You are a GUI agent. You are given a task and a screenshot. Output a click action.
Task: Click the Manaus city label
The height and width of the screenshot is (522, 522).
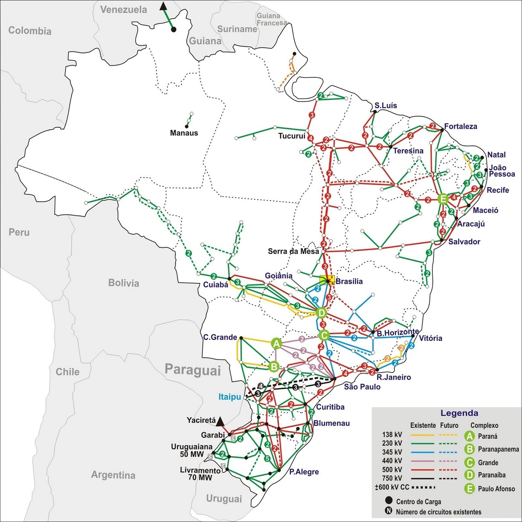(184, 133)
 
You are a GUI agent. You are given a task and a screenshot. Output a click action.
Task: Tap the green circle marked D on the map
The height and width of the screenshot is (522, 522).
(321, 313)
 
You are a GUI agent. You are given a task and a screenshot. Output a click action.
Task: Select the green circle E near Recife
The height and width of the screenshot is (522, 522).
(443, 199)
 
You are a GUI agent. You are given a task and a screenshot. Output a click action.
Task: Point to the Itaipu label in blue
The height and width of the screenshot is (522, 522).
(230, 397)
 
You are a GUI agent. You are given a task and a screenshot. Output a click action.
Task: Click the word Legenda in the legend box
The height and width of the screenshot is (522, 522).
(459, 413)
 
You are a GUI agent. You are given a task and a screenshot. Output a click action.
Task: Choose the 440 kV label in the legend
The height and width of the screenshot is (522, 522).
(392, 461)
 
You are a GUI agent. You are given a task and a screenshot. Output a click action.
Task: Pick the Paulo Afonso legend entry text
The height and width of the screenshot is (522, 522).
(496, 489)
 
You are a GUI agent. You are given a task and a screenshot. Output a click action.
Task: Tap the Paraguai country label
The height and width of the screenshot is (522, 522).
(192, 370)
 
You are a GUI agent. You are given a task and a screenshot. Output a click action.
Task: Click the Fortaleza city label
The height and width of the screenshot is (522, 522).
(460, 127)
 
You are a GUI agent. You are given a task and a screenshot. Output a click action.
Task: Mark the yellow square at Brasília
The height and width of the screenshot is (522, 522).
(327, 280)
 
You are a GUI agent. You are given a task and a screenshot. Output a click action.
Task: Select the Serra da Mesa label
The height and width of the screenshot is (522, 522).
(293, 251)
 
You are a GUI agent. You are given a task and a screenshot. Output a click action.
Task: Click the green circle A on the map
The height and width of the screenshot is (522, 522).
(276, 344)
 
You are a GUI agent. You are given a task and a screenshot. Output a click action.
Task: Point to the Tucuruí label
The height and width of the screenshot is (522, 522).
(292, 136)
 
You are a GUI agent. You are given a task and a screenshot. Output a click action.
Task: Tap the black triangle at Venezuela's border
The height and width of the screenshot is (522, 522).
(163, 6)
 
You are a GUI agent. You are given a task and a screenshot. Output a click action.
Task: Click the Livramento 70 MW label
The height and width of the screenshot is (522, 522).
(200, 474)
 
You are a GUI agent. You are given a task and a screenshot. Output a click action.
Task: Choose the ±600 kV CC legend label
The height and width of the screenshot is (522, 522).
(392, 487)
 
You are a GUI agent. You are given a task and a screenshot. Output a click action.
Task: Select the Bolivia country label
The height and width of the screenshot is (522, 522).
(123, 283)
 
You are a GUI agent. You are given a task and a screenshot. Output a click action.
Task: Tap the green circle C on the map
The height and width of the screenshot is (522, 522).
(324, 335)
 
